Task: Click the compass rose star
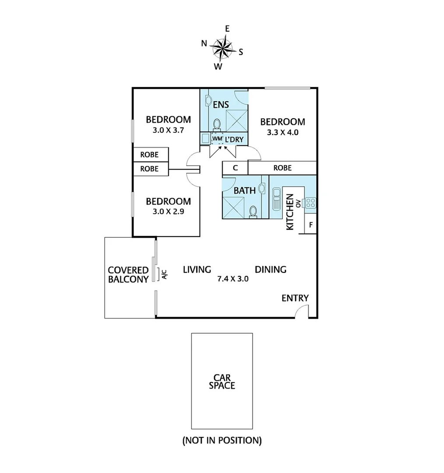tap(222, 47)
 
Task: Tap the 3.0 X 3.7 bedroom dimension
tap(168, 130)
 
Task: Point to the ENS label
tap(221, 105)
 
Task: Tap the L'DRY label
tap(234, 139)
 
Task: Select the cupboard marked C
tap(235, 168)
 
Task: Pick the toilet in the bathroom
tap(253, 212)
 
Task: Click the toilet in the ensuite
tap(216, 124)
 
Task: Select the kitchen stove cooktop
tap(310, 203)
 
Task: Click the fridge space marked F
tap(310, 225)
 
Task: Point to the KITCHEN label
tap(289, 212)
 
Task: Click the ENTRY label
tap(295, 298)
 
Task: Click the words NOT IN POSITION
tap(222, 440)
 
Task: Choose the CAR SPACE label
tap(222, 381)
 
